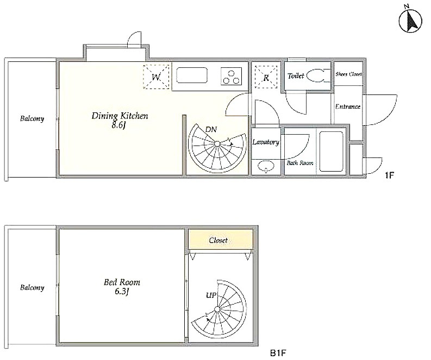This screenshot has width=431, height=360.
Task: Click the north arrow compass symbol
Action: pyautogui.click(x=410, y=20)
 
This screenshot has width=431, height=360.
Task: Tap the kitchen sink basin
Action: pyautogui.click(x=192, y=75)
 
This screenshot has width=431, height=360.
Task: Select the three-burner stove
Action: pyautogui.click(x=231, y=76)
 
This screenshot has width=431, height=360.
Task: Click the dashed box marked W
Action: pyautogui.click(x=156, y=77)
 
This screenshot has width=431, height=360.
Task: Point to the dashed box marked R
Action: pyautogui.click(x=266, y=77)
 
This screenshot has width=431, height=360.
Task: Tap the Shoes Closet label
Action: pyautogui.click(x=348, y=74)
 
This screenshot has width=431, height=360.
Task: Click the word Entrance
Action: pyautogui.click(x=348, y=106)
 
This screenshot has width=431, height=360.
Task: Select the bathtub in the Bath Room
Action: pyautogui.click(x=331, y=151)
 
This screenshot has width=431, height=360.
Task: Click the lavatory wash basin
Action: pyautogui.click(x=266, y=166)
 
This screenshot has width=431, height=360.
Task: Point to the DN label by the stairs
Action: pyautogui.click(x=211, y=129)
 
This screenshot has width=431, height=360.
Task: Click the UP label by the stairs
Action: pyautogui.click(x=211, y=295)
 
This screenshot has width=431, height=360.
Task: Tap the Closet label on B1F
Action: pyautogui.click(x=218, y=241)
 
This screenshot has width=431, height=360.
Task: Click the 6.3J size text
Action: pyautogui.click(x=122, y=292)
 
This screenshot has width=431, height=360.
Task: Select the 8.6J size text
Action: pyautogui.click(x=118, y=125)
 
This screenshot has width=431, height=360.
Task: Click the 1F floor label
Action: pyautogui.click(x=390, y=175)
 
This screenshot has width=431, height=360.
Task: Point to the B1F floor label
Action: pyautogui.click(x=278, y=353)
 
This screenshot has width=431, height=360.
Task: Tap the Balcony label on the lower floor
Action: pyautogui.click(x=32, y=287)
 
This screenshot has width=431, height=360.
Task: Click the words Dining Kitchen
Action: pyautogui.click(x=120, y=116)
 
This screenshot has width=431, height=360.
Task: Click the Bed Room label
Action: pyautogui.click(x=122, y=282)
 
